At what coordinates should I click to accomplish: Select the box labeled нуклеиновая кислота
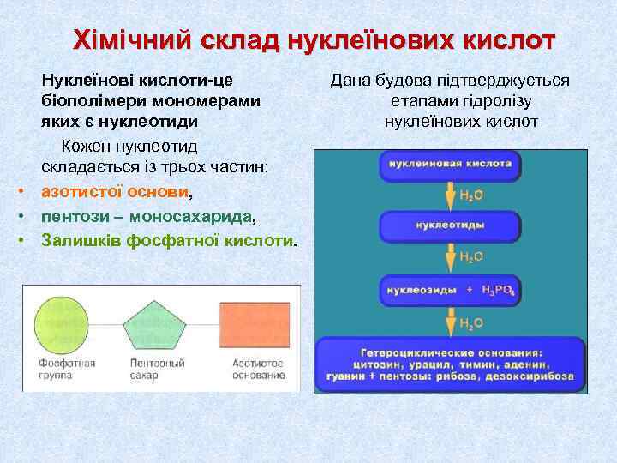coord(450,163)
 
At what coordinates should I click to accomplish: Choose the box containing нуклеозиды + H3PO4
coord(450,291)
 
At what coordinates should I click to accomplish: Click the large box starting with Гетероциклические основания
coord(450,364)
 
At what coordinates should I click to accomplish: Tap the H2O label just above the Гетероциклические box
coord(472,322)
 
